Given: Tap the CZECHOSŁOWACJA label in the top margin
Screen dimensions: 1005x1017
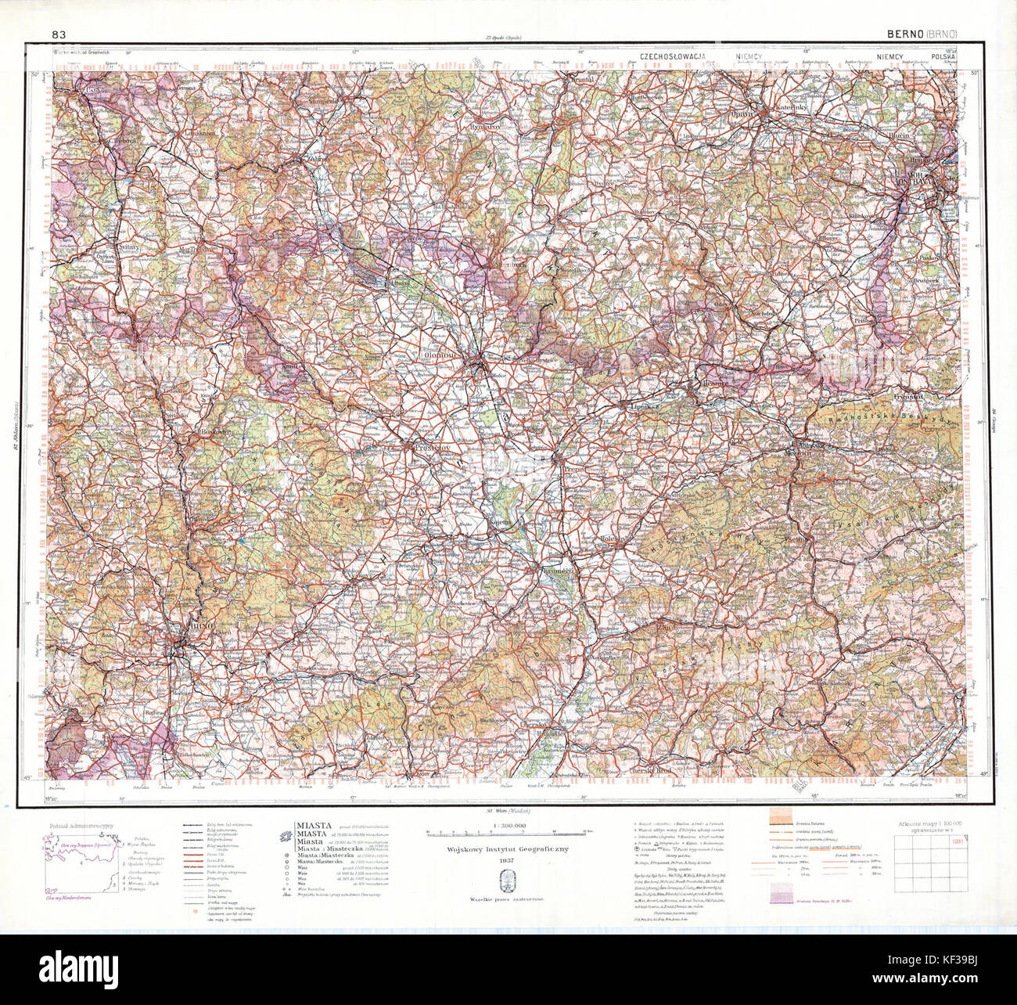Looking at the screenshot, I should [x=673, y=57].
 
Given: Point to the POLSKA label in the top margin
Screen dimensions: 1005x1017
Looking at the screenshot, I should [x=945, y=57].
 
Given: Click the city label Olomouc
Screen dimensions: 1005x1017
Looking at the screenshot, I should [x=440, y=354].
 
